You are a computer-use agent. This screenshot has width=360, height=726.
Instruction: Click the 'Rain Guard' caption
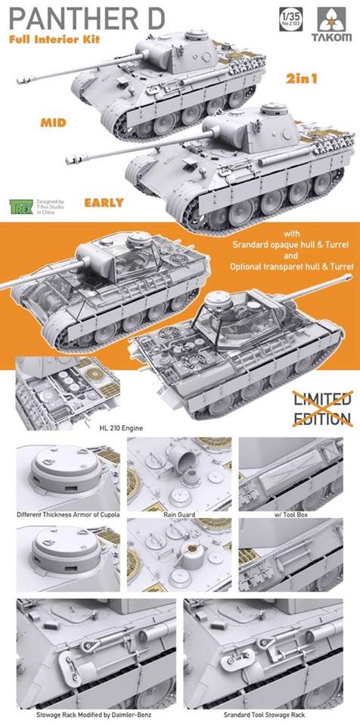[x=178, y=514]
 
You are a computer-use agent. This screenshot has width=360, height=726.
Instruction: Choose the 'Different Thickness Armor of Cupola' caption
[x=67, y=514]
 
